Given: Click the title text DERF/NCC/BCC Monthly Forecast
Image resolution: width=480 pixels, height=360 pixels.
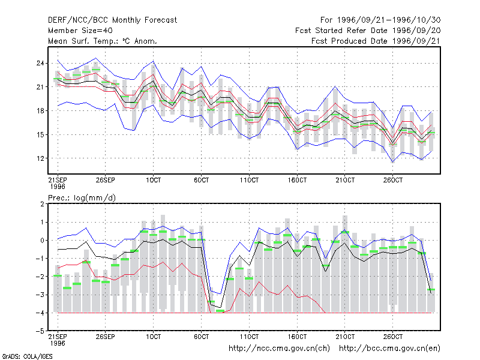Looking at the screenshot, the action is tap(112, 20).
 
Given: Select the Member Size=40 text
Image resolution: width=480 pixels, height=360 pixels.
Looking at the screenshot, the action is tap(80, 31).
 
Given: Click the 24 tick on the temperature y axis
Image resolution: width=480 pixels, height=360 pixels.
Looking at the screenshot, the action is tap(40, 64).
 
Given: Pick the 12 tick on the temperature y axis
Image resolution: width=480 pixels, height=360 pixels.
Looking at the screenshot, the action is tap(40, 158).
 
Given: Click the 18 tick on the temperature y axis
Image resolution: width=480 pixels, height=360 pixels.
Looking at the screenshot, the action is tap(40, 111).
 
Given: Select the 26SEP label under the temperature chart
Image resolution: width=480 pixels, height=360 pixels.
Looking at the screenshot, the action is tap(106, 180).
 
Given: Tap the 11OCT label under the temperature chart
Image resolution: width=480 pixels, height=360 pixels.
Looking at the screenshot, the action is tap(249, 180).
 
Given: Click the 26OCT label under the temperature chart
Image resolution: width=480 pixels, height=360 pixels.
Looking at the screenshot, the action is tap(393, 180).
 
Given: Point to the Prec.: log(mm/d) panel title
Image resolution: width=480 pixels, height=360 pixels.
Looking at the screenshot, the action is tap(82, 198).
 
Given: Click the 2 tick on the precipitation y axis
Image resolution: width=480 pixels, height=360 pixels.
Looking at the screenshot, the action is tap(42, 204).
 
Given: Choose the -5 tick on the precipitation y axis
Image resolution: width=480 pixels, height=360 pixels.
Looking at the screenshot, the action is tap(40, 331).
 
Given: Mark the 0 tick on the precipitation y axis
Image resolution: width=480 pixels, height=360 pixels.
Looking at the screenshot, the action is tap(42, 241).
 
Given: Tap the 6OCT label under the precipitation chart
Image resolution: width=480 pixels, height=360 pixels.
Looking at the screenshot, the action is tap(201, 337).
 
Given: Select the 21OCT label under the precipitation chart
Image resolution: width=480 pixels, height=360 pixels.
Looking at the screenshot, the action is tap(345, 337).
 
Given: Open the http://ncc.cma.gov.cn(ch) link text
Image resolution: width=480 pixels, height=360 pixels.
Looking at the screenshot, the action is tap(279, 349).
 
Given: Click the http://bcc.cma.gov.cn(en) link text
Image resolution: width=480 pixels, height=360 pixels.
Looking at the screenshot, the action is tap(389, 349).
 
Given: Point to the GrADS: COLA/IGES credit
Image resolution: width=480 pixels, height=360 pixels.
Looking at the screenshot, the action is tap(28, 356).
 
